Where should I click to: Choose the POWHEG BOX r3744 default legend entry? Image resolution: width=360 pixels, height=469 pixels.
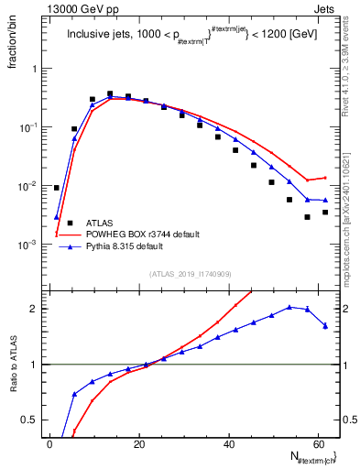click(142, 234)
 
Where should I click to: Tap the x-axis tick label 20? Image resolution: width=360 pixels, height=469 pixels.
click(139, 442)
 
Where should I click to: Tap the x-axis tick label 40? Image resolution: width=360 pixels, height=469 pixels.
click(228, 442)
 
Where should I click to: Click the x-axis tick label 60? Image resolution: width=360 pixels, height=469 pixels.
click(318, 442)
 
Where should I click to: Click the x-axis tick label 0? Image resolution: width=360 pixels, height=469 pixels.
click(49, 442)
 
